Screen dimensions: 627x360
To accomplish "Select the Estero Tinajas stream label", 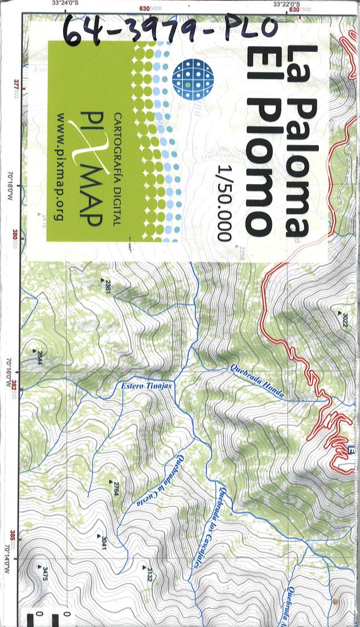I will (146, 386).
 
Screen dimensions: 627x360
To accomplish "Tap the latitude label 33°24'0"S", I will (66, 3).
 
